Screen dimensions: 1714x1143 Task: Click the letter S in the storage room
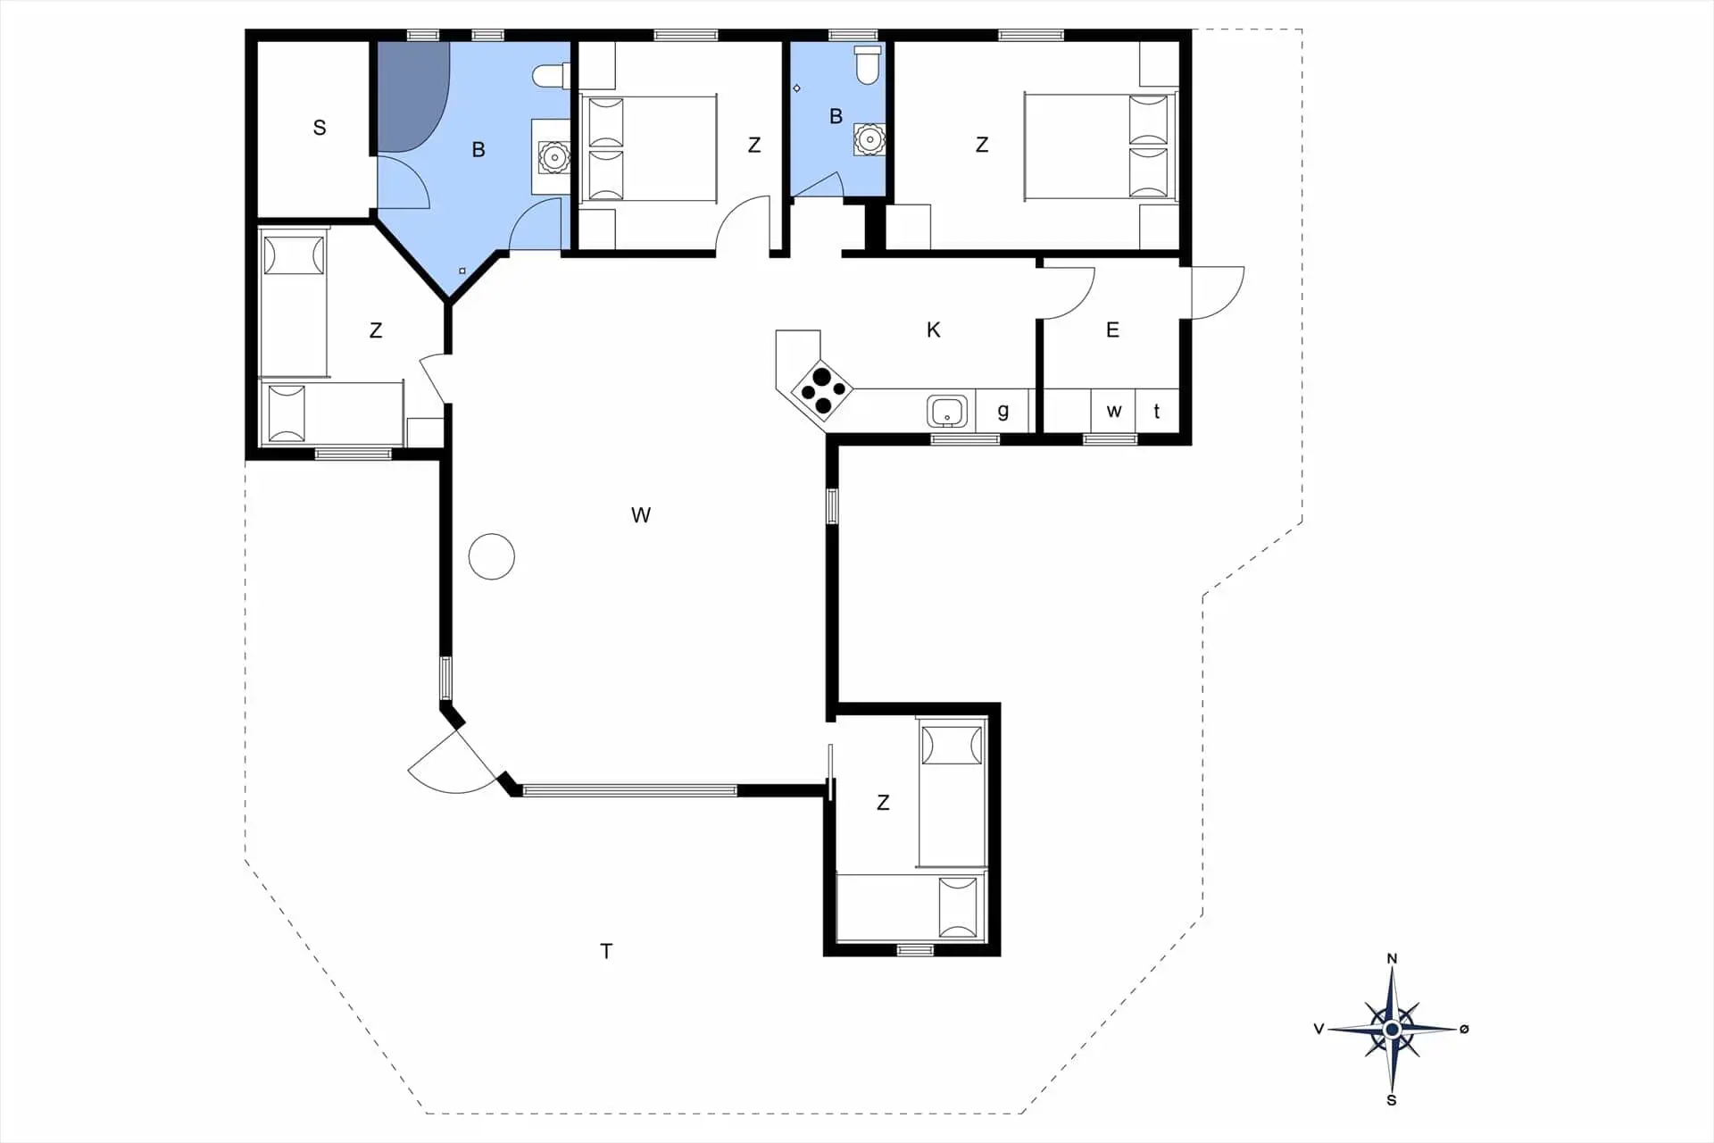320,128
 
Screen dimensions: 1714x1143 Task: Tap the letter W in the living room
641,515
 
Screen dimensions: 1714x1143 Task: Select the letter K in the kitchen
934,330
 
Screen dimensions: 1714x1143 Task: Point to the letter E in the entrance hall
1112,330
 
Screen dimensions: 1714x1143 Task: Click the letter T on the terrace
606,952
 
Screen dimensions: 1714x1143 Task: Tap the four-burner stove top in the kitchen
822,390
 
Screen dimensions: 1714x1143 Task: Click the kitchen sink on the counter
947,412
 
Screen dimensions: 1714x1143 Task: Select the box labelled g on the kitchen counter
1003,411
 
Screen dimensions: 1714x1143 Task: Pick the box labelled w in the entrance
1113,411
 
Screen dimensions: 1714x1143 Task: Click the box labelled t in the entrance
1157,411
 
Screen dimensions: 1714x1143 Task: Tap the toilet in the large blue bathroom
551,76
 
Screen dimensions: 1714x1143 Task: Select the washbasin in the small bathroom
869,139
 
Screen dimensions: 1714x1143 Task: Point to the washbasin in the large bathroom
554,158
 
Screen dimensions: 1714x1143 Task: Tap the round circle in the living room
492,556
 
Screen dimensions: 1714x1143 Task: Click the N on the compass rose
1392,959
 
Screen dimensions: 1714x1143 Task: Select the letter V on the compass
1319,1029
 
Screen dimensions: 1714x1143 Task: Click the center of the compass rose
1392,1030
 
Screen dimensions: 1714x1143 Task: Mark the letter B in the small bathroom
836,116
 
